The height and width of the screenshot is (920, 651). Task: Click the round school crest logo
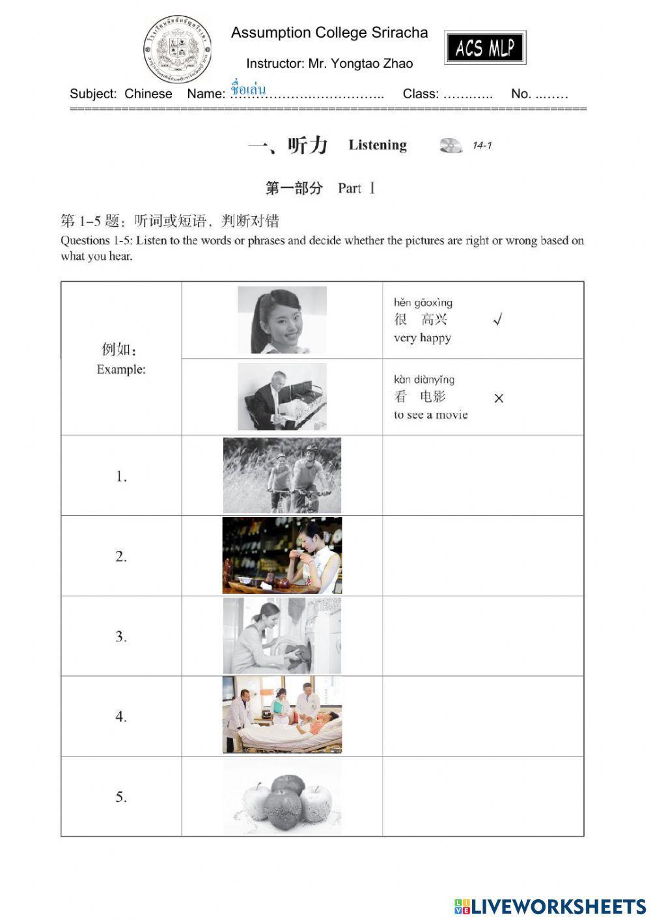pos(177,50)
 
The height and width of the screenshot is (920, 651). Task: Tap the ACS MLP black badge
pos(485,48)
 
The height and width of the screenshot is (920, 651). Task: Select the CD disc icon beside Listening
pos(450,145)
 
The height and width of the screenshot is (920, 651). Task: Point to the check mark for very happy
pos(497,320)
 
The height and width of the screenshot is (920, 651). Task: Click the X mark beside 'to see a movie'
pos(499,398)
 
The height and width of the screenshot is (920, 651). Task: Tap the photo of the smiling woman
pos(282,320)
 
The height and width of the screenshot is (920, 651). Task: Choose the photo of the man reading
pos(282,397)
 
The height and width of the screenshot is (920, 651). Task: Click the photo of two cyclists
pos(282,475)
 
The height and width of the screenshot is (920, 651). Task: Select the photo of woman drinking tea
pos(282,555)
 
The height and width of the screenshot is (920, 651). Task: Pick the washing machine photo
pos(282,635)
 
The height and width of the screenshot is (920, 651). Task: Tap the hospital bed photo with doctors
pos(282,715)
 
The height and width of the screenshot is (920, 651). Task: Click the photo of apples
pos(282,796)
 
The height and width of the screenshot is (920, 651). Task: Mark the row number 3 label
pos(121,637)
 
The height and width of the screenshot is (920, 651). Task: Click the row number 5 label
pos(121,797)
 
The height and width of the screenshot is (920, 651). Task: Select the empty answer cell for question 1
pos(482,475)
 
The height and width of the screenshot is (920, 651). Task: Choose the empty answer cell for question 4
pos(482,716)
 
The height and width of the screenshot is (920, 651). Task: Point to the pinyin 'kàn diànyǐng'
pos(424,380)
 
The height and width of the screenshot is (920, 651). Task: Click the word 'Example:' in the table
pos(121,370)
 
